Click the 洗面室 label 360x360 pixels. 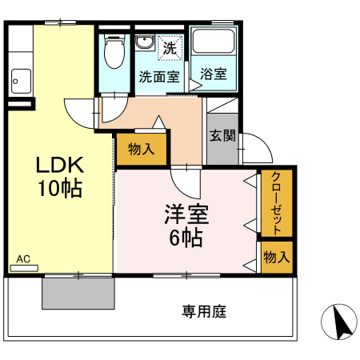click(x=158, y=78)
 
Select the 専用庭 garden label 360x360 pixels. click(x=204, y=310)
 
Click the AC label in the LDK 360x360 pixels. click(x=23, y=259)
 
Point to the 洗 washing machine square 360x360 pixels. click(x=169, y=47)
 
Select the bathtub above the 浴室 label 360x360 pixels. click(x=212, y=44)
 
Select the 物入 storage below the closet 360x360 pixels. click(x=277, y=258)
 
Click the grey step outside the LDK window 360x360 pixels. click(x=78, y=293)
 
